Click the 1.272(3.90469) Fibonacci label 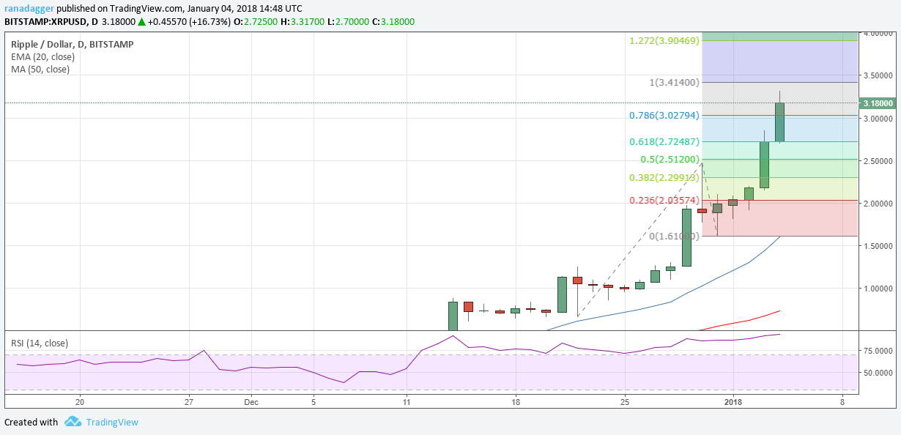coord(664,40)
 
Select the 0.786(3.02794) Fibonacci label coord(664,116)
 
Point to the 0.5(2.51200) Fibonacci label coord(670,160)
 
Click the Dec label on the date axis coord(251,401)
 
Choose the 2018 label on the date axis coord(733,401)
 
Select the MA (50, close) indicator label coord(40,70)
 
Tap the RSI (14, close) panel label coord(40,343)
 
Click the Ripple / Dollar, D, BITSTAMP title coord(73,44)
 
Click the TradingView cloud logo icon coord(72,422)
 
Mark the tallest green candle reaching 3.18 coord(779,122)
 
